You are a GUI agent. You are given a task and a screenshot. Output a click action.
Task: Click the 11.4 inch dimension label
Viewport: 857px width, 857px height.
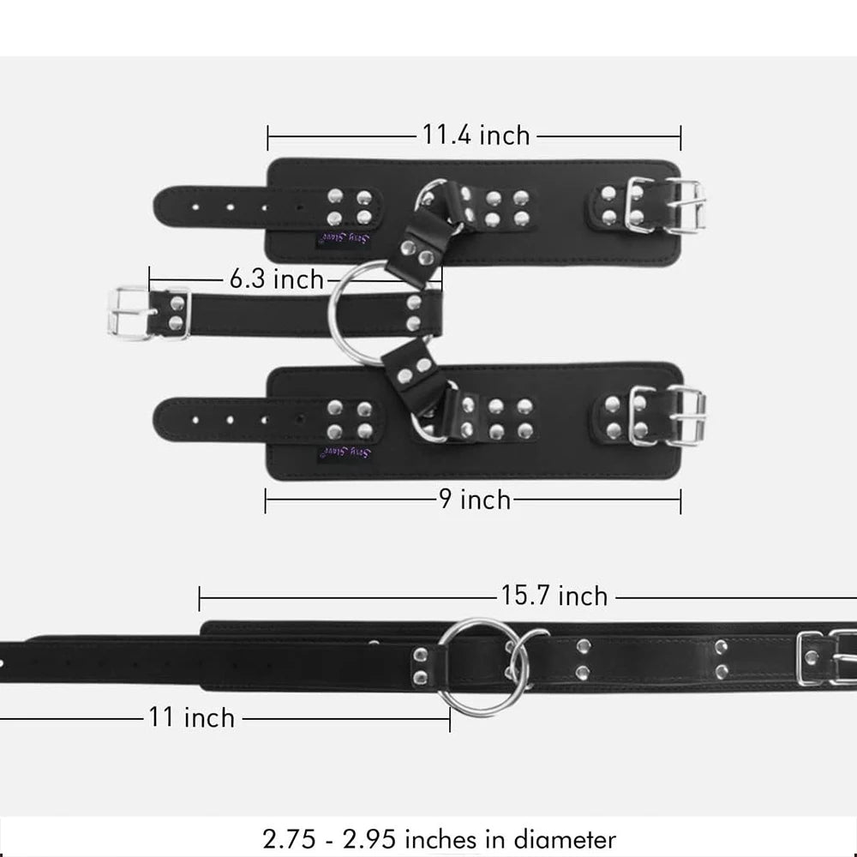pos(476,135)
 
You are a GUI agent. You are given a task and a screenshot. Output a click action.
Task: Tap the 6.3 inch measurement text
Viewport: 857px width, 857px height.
pos(277,279)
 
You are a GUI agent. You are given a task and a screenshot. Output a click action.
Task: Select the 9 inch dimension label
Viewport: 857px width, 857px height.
pos(475,500)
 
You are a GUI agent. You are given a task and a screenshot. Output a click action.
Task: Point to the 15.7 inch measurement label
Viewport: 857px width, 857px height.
pos(554,596)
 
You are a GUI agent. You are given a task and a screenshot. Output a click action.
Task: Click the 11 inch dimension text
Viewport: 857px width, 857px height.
pos(191,716)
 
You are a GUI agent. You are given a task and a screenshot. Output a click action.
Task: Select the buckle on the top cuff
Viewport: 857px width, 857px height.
pos(666,206)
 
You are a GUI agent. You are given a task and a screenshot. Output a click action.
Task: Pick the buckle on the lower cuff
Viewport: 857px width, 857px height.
pos(668,417)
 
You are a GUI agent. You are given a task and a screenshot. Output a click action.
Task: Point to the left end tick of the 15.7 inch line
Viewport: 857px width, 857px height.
pos(200,598)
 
